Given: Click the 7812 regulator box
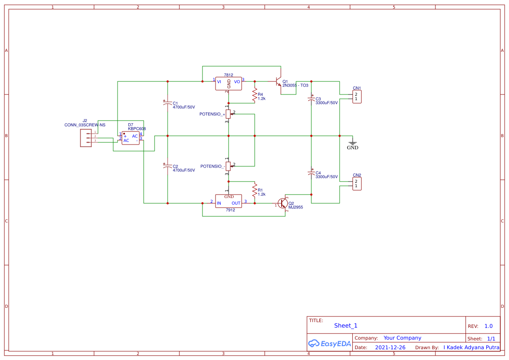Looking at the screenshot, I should [229, 84].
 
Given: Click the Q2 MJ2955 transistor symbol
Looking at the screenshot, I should [283, 203].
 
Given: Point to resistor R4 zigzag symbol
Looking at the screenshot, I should [254, 94].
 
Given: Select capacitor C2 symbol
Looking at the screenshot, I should [168, 167].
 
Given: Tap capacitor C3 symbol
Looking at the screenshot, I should [311, 99].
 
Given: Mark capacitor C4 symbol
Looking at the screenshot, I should [311, 173].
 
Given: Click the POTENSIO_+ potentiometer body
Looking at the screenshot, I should [228, 114].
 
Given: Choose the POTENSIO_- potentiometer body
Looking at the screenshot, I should [228, 166].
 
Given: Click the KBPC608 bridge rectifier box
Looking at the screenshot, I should [131, 138].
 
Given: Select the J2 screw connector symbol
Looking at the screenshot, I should [86, 138].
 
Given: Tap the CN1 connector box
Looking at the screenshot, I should [357, 97].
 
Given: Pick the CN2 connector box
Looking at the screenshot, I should [357, 183].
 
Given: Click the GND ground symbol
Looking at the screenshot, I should [352, 143].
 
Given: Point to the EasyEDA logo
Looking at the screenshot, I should [329, 343].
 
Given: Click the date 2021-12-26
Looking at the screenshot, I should [390, 347].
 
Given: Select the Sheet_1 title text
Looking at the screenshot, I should [345, 326].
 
